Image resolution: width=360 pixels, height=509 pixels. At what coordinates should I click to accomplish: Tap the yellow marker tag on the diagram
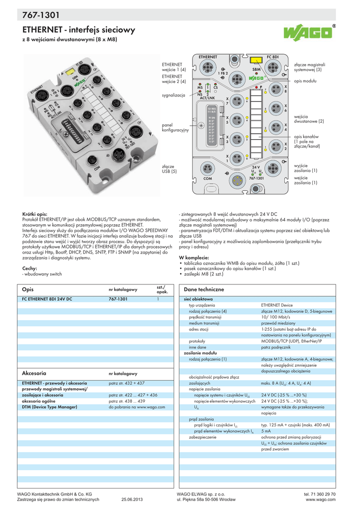point(257,60)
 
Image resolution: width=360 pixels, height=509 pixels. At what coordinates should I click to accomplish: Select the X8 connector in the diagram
point(271,90)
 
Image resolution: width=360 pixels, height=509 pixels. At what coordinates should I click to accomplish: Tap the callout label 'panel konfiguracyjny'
point(176,127)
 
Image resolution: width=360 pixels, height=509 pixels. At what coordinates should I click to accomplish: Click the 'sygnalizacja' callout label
point(174,94)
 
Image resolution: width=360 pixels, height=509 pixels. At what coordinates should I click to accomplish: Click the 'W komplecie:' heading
point(193,257)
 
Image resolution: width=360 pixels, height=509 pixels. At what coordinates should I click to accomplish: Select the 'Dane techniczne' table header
point(204,289)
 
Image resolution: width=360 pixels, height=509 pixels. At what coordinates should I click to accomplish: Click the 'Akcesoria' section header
point(34,372)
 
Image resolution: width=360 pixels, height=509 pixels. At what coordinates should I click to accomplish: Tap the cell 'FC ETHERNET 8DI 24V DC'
point(47,299)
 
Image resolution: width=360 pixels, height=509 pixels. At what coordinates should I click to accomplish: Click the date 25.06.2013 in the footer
point(132,499)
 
